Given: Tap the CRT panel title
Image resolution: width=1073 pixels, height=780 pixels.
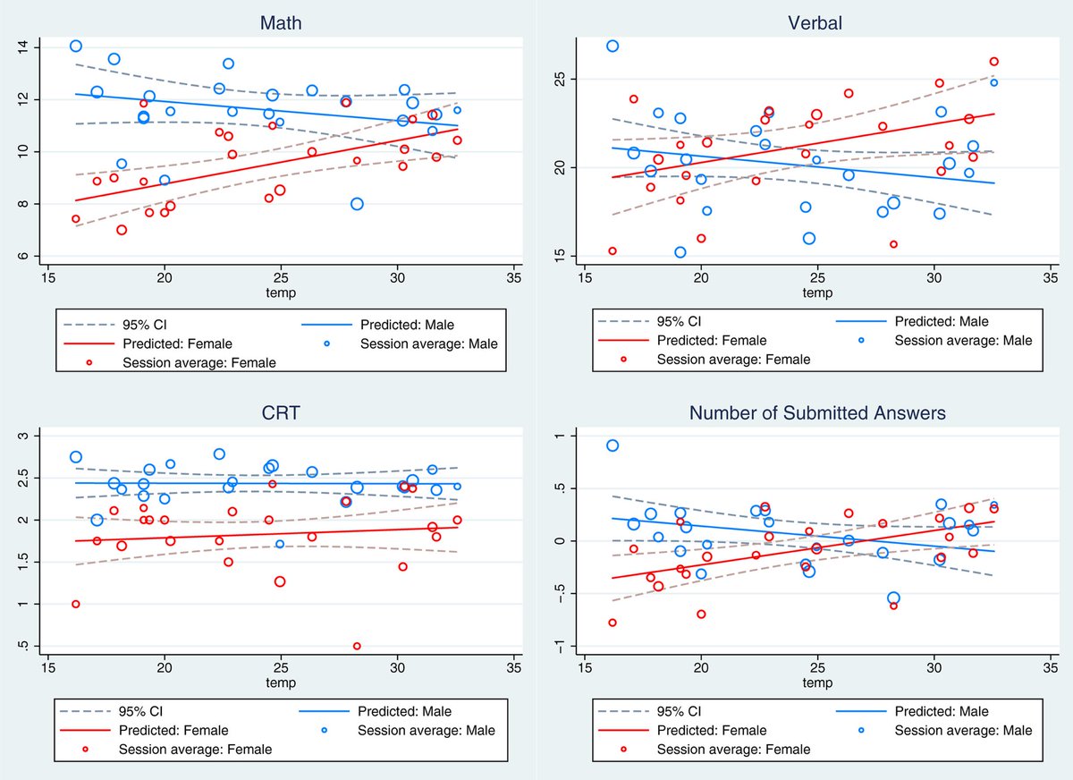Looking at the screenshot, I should pos(280,412).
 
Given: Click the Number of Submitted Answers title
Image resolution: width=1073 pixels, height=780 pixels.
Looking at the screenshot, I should pos(816,412).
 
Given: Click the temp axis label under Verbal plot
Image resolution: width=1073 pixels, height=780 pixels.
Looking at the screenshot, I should pos(816,292).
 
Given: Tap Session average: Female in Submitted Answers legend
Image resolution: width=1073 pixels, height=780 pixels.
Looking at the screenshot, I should pos(733,750).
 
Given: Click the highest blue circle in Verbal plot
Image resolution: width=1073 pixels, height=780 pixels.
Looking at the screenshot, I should pos(613,46).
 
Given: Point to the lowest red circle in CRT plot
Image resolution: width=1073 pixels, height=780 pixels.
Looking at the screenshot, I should pos(357,646).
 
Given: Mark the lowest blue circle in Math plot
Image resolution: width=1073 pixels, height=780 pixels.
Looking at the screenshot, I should pos(357,204).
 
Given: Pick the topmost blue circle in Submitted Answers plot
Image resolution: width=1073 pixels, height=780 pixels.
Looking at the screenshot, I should pos(613,445).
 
